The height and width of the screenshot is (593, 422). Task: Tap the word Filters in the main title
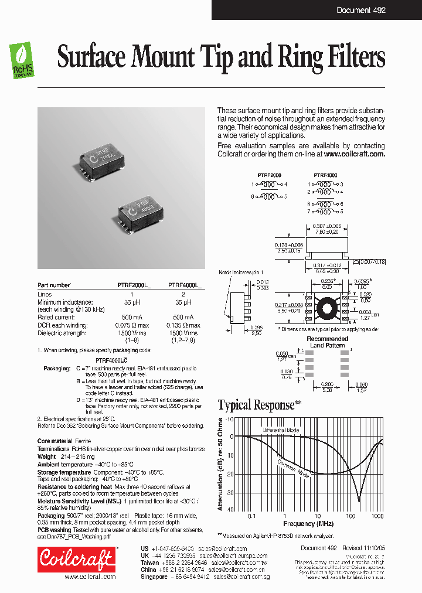click(x=354, y=57)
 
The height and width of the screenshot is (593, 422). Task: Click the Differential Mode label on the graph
click(x=281, y=430)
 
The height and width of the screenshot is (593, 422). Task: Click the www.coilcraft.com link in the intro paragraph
click(x=354, y=154)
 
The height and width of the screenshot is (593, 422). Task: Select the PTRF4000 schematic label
click(x=325, y=175)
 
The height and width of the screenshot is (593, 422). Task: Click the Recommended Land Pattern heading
click(x=327, y=342)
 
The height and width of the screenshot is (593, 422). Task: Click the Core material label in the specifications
click(x=56, y=440)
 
